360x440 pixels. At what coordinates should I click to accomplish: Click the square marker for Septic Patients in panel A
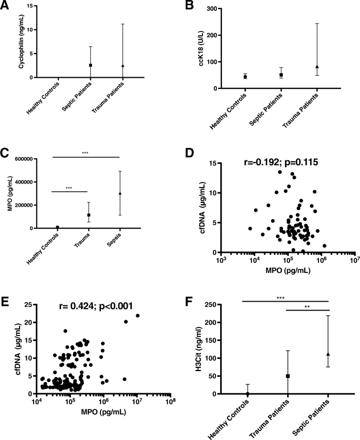(x=90, y=65)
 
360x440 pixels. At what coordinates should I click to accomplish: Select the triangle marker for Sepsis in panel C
(x=120, y=193)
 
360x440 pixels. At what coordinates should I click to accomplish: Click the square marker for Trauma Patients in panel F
(x=288, y=376)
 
